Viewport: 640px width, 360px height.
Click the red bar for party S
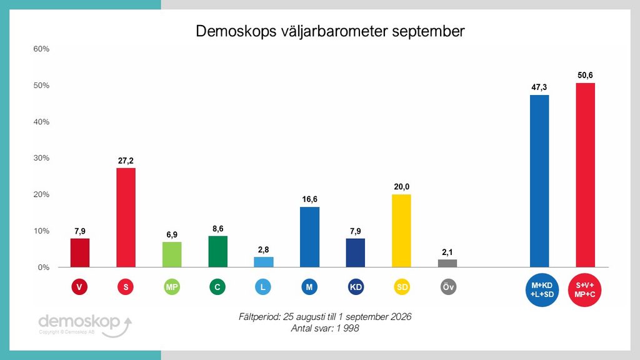tap(126, 217)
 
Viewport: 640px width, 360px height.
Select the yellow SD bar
tap(401, 231)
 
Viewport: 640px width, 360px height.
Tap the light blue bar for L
tap(264, 262)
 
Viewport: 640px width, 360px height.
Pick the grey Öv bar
tap(447, 263)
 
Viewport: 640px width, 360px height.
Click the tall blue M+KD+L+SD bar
tap(539, 181)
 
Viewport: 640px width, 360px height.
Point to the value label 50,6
tap(585, 75)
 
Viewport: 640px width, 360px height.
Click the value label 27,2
tap(126, 161)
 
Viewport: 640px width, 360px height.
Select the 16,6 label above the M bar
tap(309, 199)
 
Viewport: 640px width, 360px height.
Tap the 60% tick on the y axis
tap(41, 49)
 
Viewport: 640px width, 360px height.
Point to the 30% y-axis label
tap(41, 158)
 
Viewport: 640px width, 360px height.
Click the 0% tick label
tap(43, 267)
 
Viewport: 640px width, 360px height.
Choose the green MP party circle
tap(172, 287)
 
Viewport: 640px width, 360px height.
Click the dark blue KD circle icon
tap(356, 287)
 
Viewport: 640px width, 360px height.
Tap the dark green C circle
tap(217, 287)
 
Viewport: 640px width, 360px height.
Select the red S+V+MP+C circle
tap(585, 290)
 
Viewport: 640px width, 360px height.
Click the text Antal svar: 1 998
tap(325, 328)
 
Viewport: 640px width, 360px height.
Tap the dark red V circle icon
tap(79, 287)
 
